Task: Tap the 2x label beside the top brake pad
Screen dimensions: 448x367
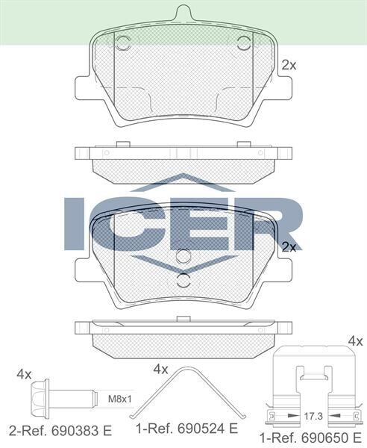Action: (x=289, y=65)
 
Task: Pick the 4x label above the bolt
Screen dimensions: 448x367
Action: (x=25, y=373)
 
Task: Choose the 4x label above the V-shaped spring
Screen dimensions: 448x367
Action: (x=161, y=368)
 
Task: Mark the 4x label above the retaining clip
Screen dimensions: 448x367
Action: (x=355, y=341)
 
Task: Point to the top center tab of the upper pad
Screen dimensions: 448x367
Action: (x=183, y=14)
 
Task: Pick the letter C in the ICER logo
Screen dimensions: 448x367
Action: (x=132, y=223)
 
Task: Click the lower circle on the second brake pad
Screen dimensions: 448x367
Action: (x=183, y=281)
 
